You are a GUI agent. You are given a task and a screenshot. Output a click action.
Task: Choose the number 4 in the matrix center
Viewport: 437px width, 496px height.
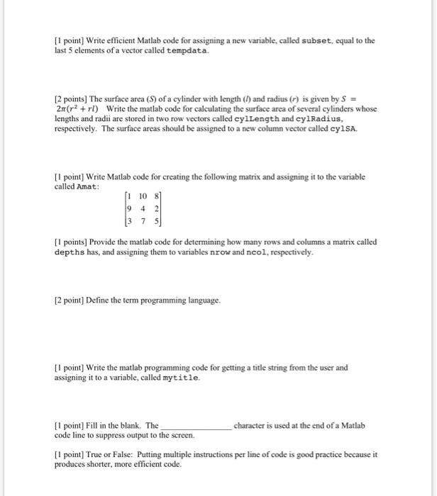tap(143, 208)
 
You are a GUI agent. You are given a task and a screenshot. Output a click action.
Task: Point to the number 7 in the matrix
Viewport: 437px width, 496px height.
tap(143, 220)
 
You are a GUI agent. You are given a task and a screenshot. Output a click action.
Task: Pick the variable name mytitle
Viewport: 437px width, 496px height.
tap(181, 378)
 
